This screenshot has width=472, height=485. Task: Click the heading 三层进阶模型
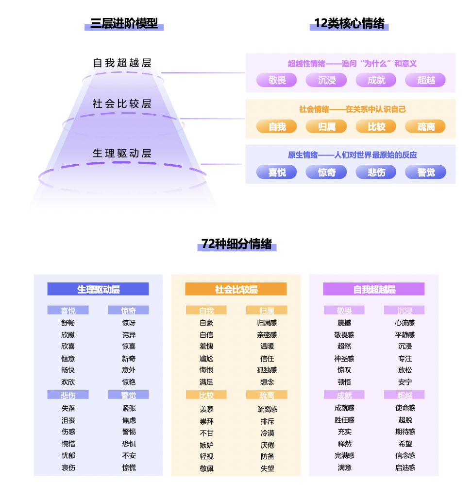124,23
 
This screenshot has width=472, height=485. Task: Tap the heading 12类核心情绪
349,23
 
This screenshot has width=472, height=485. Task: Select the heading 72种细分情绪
237,244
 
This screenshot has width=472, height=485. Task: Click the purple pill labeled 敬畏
277,80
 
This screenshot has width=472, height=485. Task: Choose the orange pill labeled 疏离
425,126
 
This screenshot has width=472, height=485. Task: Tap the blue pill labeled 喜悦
277,172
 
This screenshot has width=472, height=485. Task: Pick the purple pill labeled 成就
376,80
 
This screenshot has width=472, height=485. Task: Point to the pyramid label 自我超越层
122,63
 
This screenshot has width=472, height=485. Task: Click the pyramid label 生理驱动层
122,153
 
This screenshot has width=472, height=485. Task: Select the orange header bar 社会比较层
236,289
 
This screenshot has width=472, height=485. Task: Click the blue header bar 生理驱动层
98,289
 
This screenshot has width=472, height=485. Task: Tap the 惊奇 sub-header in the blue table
129,310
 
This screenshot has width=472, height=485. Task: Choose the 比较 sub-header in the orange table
206,395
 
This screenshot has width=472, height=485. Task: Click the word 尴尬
206,359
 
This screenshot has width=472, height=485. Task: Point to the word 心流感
405,323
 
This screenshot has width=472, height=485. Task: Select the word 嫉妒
206,445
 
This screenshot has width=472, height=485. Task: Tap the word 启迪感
405,468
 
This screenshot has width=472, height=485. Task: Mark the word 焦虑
129,420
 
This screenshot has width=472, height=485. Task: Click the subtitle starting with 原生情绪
353,155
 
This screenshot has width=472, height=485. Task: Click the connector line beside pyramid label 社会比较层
212,119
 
